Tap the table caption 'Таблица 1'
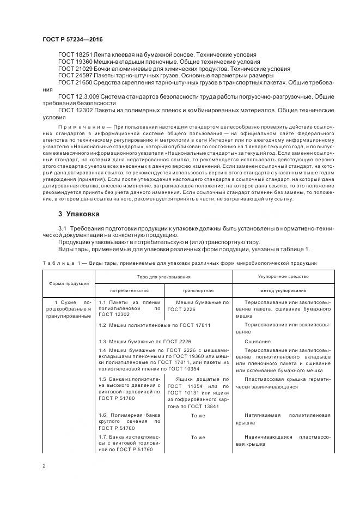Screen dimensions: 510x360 [60, 263]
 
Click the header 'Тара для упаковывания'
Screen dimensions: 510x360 [164, 277]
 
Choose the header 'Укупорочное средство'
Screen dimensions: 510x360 [276, 277]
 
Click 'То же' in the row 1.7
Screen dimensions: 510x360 [198, 437]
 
